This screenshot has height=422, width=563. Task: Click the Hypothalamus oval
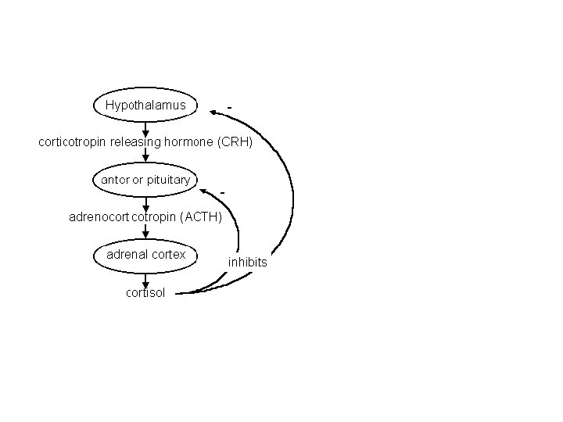click(x=145, y=105)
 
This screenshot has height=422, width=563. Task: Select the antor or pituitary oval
click(x=145, y=181)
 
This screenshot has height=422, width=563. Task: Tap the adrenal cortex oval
click(x=145, y=255)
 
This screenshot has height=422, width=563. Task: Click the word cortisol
click(x=145, y=293)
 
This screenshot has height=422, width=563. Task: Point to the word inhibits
click(x=248, y=263)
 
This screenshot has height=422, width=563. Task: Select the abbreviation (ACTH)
click(x=201, y=217)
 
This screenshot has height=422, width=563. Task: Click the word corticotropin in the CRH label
click(x=75, y=143)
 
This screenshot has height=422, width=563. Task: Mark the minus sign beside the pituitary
click(x=223, y=191)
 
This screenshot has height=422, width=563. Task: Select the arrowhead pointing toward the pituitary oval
click(x=204, y=190)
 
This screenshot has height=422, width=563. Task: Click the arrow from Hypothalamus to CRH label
click(x=145, y=128)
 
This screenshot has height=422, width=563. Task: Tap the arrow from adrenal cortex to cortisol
click(x=145, y=280)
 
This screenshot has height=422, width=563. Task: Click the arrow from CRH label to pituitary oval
click(x=145, y=157)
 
